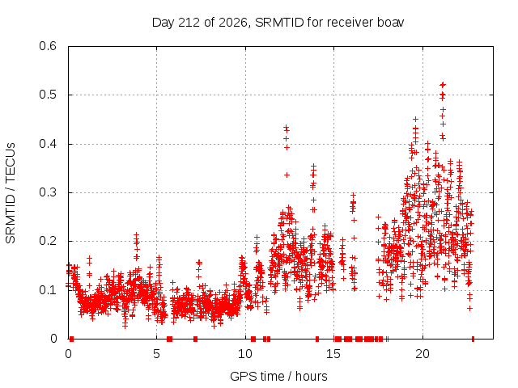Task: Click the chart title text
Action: click(278, 23)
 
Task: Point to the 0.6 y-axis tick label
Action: click(48, 46)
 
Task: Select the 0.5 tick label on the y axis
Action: click(48, 95)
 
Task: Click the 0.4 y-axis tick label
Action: click(48, 144)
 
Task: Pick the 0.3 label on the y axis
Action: click(48, 192)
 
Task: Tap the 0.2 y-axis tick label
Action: click(48, 241)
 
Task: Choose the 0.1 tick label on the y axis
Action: click(48, 290)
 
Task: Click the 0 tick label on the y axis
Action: click(53, 339)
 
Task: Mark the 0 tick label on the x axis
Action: click(68, 354)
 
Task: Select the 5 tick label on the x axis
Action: click(156, 354)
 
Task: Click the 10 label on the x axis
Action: click(245, 354)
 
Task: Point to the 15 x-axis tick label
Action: click(333, 354)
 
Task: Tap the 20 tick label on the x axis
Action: click(422, 354)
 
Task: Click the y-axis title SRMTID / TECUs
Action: click(11, 193)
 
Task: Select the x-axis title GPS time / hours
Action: click(278, 376)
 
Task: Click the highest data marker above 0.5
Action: click(443, 85)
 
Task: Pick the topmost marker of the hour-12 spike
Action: click(286, 127)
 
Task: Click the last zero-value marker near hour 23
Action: click(473, 339)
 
